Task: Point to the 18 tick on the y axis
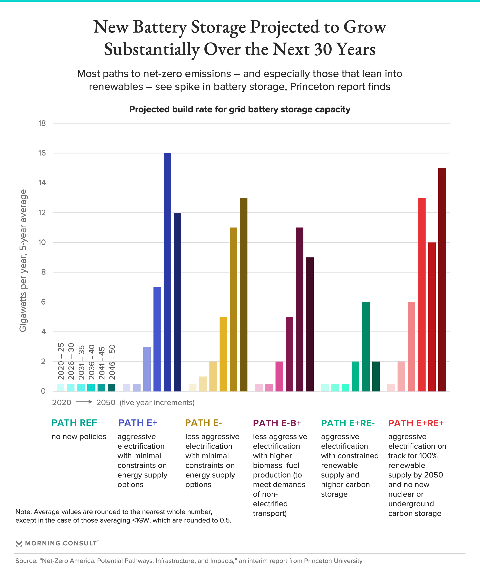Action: tap(42, 123)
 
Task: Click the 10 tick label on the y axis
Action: tap(42, 242)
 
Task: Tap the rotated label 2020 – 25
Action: tap(61, 361)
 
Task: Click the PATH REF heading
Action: tap(74, 423)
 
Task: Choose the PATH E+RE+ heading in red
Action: tap(416, 423)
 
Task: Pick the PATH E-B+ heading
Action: tap(277, 423)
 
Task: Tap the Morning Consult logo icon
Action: tap(19, 543)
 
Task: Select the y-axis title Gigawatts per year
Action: tap(23, 260)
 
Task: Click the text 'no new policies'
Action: tap(79, 437)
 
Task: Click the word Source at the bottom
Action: tap(26, 561)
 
